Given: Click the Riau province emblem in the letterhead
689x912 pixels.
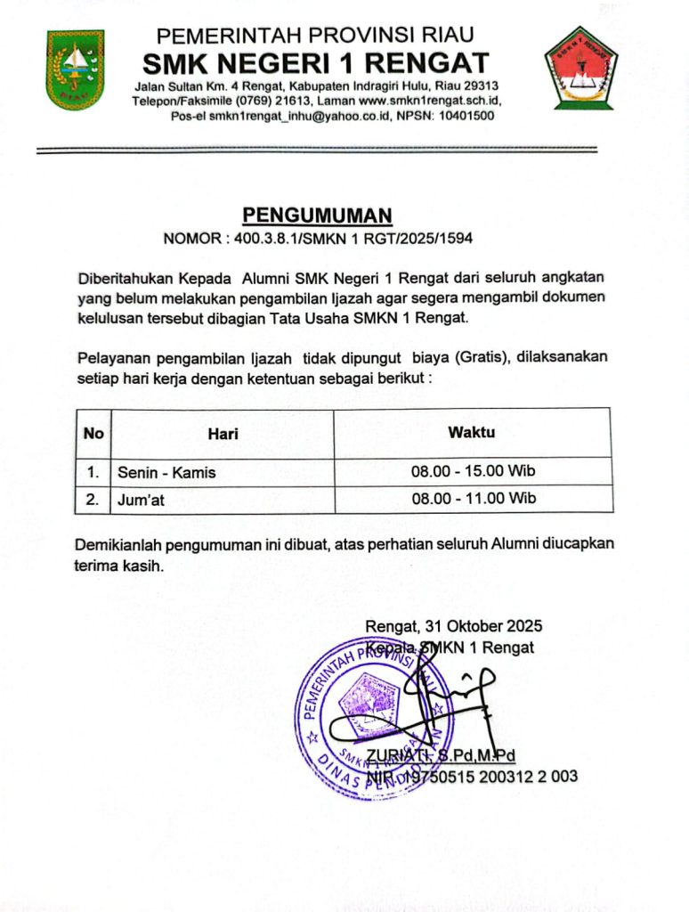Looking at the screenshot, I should tap(76, 69).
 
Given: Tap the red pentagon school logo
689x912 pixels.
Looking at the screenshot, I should tap(580, 67).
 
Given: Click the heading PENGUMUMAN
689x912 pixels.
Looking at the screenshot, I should tap(318, 216).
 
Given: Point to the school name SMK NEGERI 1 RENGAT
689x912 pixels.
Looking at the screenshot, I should tap(317, 64).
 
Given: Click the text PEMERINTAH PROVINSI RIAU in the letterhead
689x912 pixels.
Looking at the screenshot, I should tap(315, 37).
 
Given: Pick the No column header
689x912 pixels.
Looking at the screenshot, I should tap(93, 434).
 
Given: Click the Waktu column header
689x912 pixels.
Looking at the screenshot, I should tap(472, 433).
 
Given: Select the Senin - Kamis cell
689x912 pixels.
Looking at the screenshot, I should tap(166, 472).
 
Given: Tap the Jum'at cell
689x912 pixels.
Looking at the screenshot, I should tap(141, 501).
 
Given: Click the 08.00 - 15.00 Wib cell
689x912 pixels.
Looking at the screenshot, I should tap(473, 471).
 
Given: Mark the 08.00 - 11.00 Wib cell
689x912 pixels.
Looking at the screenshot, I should tap(473, 500).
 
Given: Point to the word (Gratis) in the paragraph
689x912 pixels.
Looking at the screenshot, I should tap(481, 358).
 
